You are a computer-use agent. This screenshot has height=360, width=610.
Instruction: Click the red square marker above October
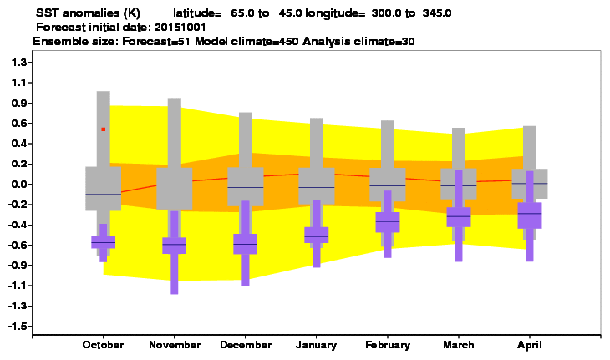point(104,129)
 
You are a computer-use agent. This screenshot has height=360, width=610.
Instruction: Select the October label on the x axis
point(103,345)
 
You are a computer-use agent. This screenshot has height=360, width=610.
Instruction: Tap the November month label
point(175,345)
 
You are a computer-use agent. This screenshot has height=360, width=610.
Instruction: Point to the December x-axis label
point(246,345)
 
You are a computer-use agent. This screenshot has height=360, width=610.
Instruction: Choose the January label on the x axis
point(317,345)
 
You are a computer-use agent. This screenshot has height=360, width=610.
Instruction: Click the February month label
point(388,345)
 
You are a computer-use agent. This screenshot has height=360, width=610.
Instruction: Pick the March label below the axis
point(459,345)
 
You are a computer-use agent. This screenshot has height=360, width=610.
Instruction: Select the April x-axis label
point(530,345)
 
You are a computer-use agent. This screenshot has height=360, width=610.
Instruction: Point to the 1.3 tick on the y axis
point(19,62)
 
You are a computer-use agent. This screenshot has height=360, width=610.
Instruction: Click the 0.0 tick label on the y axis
point(18,185)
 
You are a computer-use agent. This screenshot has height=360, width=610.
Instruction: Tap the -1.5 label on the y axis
point(18,327)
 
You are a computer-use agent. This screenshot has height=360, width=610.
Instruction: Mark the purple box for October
point(104,242)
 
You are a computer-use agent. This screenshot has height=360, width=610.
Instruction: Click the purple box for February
point(388,222)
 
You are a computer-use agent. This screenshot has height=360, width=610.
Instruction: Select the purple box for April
point(530,215)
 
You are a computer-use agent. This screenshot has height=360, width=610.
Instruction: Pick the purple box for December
point(246,244)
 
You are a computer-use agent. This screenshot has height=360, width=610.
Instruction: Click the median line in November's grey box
point(175,190)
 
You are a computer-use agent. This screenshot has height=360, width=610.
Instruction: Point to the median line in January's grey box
point(317,187)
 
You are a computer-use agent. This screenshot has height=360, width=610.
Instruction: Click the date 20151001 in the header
point(180,28)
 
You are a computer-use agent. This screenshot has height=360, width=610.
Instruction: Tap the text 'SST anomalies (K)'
point(88,13)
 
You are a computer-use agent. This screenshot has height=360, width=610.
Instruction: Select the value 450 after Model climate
point(288,41)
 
